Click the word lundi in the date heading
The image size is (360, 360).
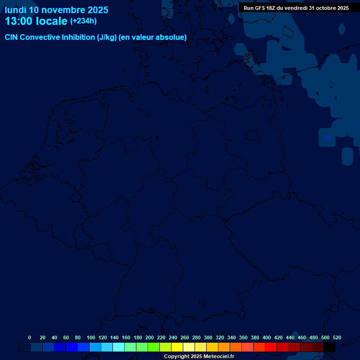[15, 10]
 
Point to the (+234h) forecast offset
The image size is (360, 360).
[83, 21]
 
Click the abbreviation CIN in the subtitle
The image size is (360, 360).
[12, 37]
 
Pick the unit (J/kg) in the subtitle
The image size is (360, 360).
[107, 37]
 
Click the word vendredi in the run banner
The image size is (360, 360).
[295, 8]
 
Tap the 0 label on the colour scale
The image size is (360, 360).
[30, 337]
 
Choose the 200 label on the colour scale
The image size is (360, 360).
[150, 337]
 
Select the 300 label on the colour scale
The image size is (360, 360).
[208, 337]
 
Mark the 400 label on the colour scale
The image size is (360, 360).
[267, 337]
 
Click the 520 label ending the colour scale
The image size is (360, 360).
[337, 337]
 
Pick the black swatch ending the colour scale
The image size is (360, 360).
[330, 347]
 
